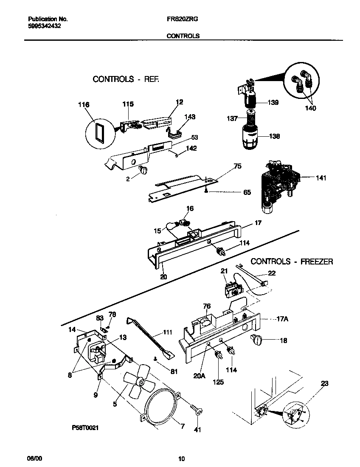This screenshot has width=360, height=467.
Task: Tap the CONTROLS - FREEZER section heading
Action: point(292,262)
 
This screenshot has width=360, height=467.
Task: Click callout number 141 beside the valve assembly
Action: point(321,178)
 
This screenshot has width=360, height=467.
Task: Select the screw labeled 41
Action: point(196,410)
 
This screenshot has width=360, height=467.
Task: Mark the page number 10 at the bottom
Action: point(181,459)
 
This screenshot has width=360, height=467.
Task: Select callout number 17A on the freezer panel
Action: point(282,318)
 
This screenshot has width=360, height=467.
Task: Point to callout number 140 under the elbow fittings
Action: point(310,108)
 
